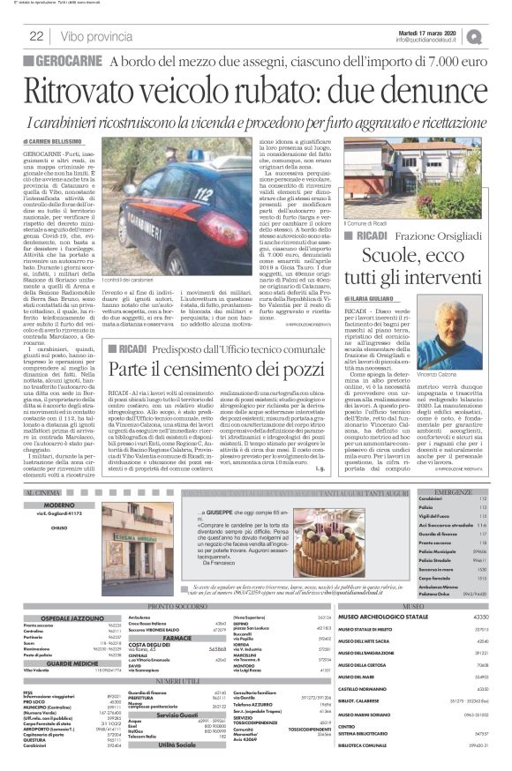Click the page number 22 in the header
click(x=37, y=36)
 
